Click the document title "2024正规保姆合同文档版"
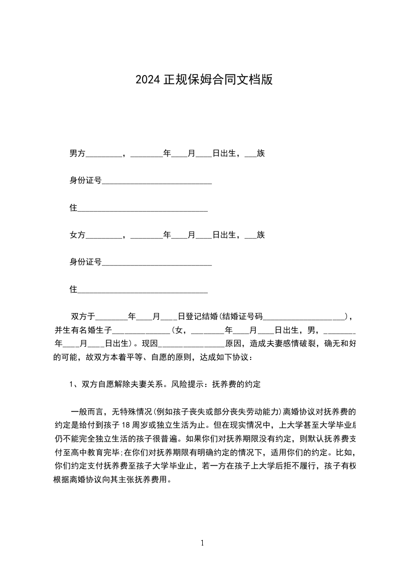click(x=204, y=80)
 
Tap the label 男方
click(x=77, y=153)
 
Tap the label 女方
click(x=77, y=235)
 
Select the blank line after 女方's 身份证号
click(x=157, y=263)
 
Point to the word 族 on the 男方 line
click(x=261, y=153)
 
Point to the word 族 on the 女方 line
click(x=261, y=235)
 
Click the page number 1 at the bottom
click(x=202, y=543)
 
